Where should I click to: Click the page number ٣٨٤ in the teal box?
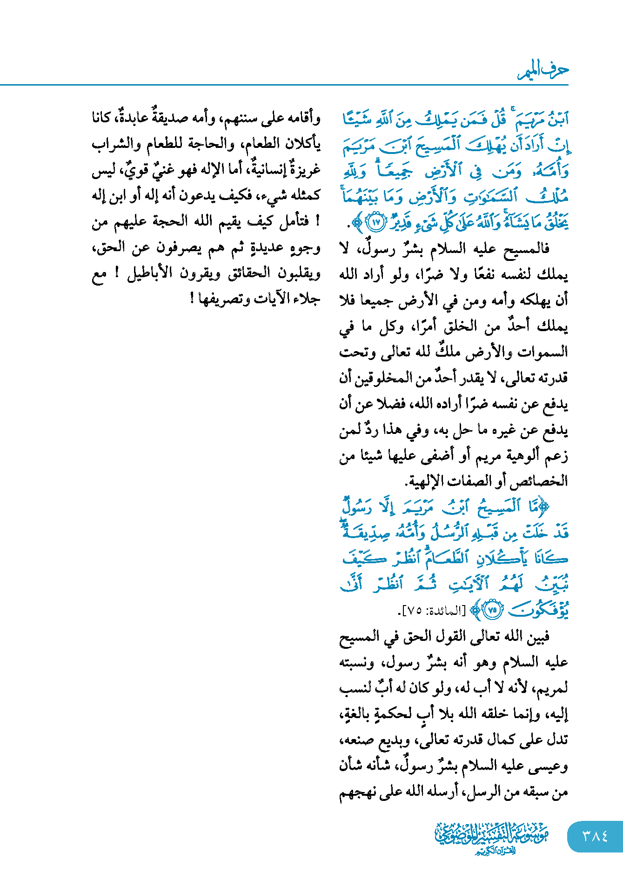click(x=595, y=836)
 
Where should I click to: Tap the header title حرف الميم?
click(x=543, y=71)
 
